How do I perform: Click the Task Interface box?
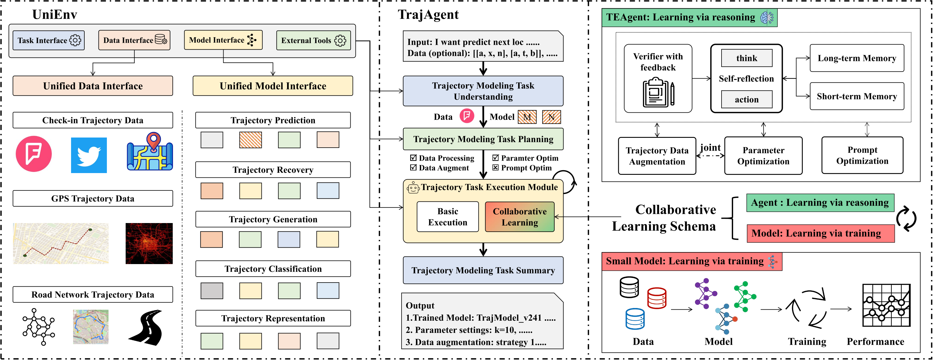click(49, 40)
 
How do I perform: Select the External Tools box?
click(313, 40)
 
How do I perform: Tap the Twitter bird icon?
click(89, 155)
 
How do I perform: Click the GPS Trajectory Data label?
click(93, 198)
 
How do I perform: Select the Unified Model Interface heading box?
click(273, 86)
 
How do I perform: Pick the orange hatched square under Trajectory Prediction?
click(250, 140)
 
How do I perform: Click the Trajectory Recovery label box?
click(273, 170)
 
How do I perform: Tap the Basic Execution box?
click(447, 217)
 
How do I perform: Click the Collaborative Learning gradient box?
click(519, 217)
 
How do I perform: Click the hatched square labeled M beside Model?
click(527, 117)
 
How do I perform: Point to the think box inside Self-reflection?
click(746, 58)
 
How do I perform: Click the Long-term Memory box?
click(856, 58)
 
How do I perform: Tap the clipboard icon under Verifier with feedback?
click(658, 93)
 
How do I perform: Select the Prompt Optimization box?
click(862, 155)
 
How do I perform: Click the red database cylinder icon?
click(657, 298)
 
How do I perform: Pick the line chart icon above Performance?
click(886, 306)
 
